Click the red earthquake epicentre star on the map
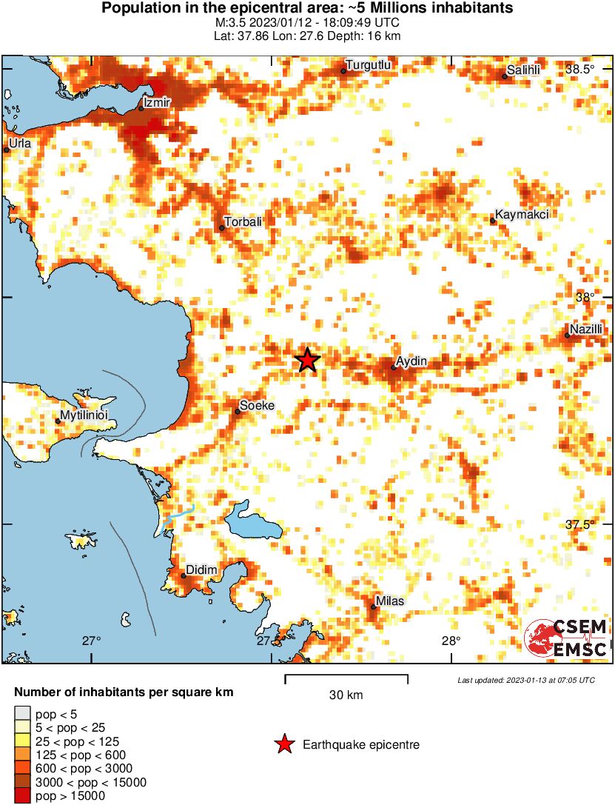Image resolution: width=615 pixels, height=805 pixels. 307,360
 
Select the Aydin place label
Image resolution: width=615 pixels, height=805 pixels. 412,361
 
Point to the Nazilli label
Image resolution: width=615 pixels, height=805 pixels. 587,329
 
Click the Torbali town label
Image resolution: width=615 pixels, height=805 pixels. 243,221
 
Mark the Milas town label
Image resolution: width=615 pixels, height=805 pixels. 390,601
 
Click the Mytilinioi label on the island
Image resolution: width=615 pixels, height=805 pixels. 84,416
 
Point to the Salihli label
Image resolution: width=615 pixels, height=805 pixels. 524,70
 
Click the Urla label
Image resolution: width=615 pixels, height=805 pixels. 20,143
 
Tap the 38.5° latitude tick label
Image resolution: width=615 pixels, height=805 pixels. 580,70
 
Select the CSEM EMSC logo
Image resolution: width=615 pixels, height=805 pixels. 566,638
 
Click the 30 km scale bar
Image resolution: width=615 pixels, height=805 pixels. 346,676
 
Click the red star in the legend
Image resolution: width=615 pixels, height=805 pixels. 283,744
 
